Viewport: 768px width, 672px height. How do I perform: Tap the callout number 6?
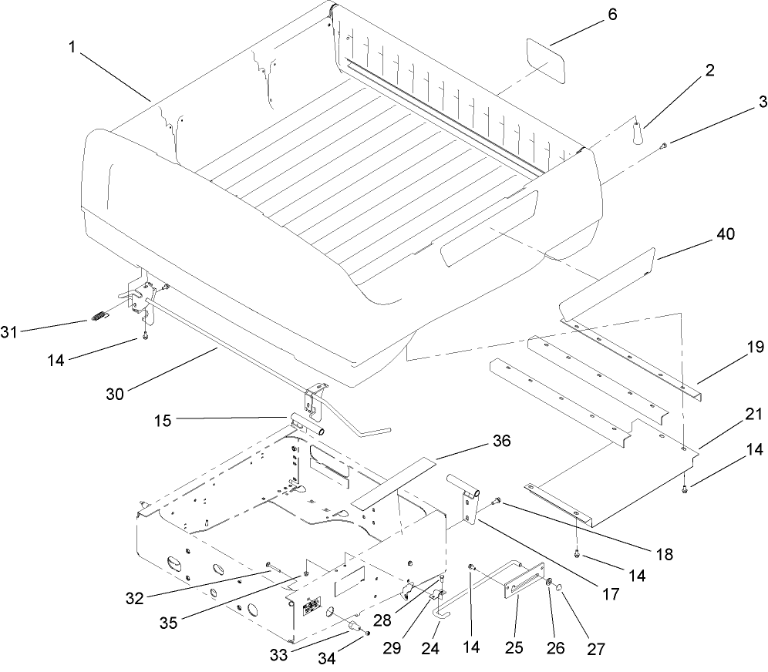612,15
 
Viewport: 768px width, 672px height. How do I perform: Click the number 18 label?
665,553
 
